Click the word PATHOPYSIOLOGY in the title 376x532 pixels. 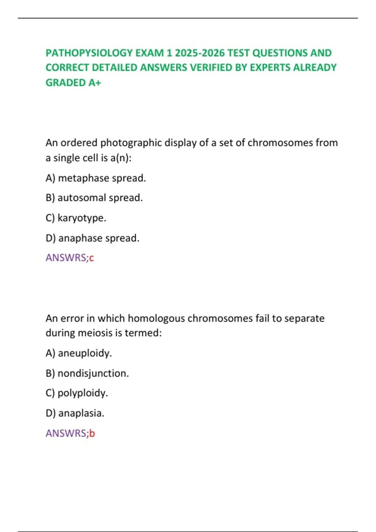pos(89,53)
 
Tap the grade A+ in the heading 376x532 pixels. pos(95,83)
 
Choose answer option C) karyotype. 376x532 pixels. pos(76,218)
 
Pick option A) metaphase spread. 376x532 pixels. pos(96,178)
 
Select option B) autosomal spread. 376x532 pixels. pos(94,198)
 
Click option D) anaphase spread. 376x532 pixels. pos(92,238)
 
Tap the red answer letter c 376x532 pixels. pos(91,258)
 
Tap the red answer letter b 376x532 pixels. pos(92,433)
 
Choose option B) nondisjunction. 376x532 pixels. pos(87,373)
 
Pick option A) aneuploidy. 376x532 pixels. pos(79,353)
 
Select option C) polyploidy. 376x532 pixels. pos(77,393)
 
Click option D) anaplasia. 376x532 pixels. pos(75,413)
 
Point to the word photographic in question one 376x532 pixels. pos(131,143)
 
